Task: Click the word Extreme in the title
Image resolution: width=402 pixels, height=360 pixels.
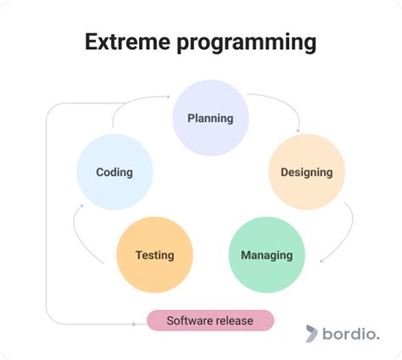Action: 127,42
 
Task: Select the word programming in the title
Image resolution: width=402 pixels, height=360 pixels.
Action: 247,43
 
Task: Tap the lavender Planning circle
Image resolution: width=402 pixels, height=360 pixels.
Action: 210,118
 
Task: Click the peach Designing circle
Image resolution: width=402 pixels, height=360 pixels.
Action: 307,172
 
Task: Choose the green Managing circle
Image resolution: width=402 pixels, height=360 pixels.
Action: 267,255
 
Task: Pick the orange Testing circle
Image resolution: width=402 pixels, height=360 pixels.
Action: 155,255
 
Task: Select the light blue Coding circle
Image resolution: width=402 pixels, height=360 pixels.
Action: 114,172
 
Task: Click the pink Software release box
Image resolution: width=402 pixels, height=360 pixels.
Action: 210,320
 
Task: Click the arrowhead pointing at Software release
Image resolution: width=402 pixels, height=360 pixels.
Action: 134,324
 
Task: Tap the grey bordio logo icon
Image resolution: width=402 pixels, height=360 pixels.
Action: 311,334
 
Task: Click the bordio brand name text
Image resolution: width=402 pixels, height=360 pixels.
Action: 351,334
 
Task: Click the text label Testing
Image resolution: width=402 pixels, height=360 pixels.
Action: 155,255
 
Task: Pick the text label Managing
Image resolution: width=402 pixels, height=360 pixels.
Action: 267,255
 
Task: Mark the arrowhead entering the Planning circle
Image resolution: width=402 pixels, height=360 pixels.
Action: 168,97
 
